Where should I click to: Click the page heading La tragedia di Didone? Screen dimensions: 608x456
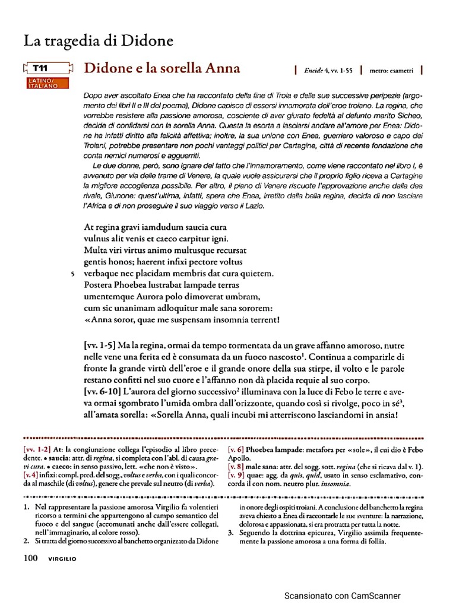(x=99, y=41)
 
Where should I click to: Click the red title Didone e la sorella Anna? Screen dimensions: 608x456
(x=162, y=68)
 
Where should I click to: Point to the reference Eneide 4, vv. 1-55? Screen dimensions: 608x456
(x=328, y=70)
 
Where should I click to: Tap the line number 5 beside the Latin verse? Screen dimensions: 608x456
(x=71, y=274)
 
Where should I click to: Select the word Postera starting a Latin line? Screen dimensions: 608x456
(x=102, y=285)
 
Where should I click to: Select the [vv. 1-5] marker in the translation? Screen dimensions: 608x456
(x=99, y=345)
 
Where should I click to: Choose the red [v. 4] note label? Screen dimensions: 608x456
(x=33, y=476)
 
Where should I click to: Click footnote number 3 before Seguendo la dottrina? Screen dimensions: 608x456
(x=230, y=533)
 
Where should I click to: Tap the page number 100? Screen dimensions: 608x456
(x=31, y=558)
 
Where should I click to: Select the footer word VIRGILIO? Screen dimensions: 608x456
(x=62, y=559)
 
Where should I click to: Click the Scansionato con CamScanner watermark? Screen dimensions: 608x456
(x=343, y=596)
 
